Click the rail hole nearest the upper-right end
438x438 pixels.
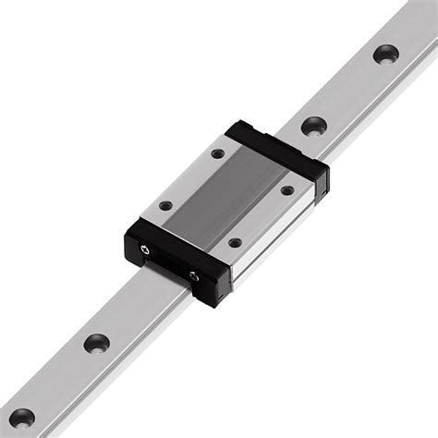pos(385,54)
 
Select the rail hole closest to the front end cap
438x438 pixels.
pos(96,343)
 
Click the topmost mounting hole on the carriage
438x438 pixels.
pos(217,153)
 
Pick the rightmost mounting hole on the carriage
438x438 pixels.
pos(287,190)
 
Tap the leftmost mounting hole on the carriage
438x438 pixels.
pos(165,205)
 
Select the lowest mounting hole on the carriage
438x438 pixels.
pos(235,243)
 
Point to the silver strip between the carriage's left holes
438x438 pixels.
pos(191,179)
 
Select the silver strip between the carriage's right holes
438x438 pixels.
pos(262,217)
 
